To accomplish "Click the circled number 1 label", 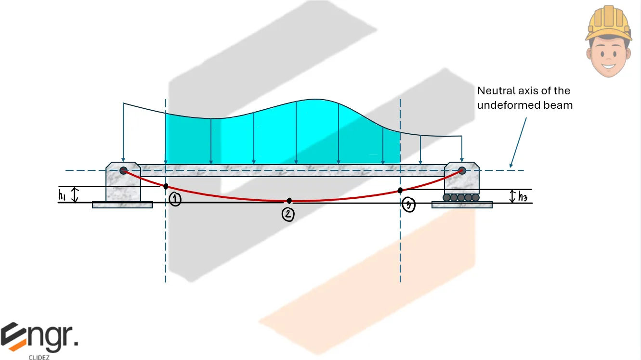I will click(x=175, y=200).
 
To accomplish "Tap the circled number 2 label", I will click(x=288, y=214).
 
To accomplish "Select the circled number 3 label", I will click(x=408, y=205).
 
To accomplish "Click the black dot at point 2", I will click(x=289, y=201).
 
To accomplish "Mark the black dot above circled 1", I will click(x=166, y=186).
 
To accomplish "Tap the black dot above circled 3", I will click(x=400, y=191).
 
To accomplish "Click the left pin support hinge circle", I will click(x=123, y=170).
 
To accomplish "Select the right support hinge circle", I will click(x=462, y=170).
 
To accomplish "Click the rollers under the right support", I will click(x=461, y=197).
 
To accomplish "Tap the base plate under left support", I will click(x=122, y=205).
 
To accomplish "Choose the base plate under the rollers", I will click(x=462, y=205).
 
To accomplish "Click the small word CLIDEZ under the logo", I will click(x=39, y=357).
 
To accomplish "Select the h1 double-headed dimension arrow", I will click(x=75, y=195).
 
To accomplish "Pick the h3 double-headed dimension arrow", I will click(x=513, y=196).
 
